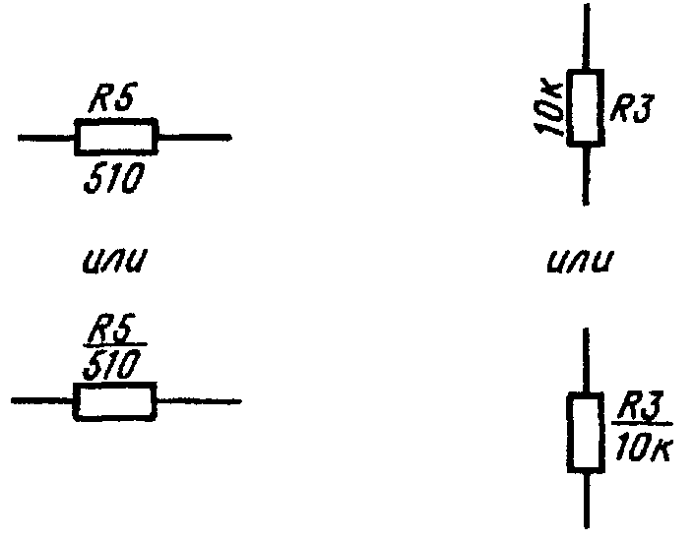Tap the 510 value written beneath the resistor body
click(x=112, y=179)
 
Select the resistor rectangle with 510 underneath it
click(x=115, y=138)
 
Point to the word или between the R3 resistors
click(x=582, y=263)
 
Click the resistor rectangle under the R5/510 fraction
click(x=113, y=401)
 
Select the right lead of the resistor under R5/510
click(x=197, y=401)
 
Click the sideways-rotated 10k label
click(x=551, y=108)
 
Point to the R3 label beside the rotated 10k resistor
click(x=631, y=107)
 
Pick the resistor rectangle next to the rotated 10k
click(x=587, y=107)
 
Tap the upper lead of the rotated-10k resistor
click(x=587, y=37)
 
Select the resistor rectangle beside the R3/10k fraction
click(x=587, y=430)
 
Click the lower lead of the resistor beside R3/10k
click(x=588, y=499)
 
